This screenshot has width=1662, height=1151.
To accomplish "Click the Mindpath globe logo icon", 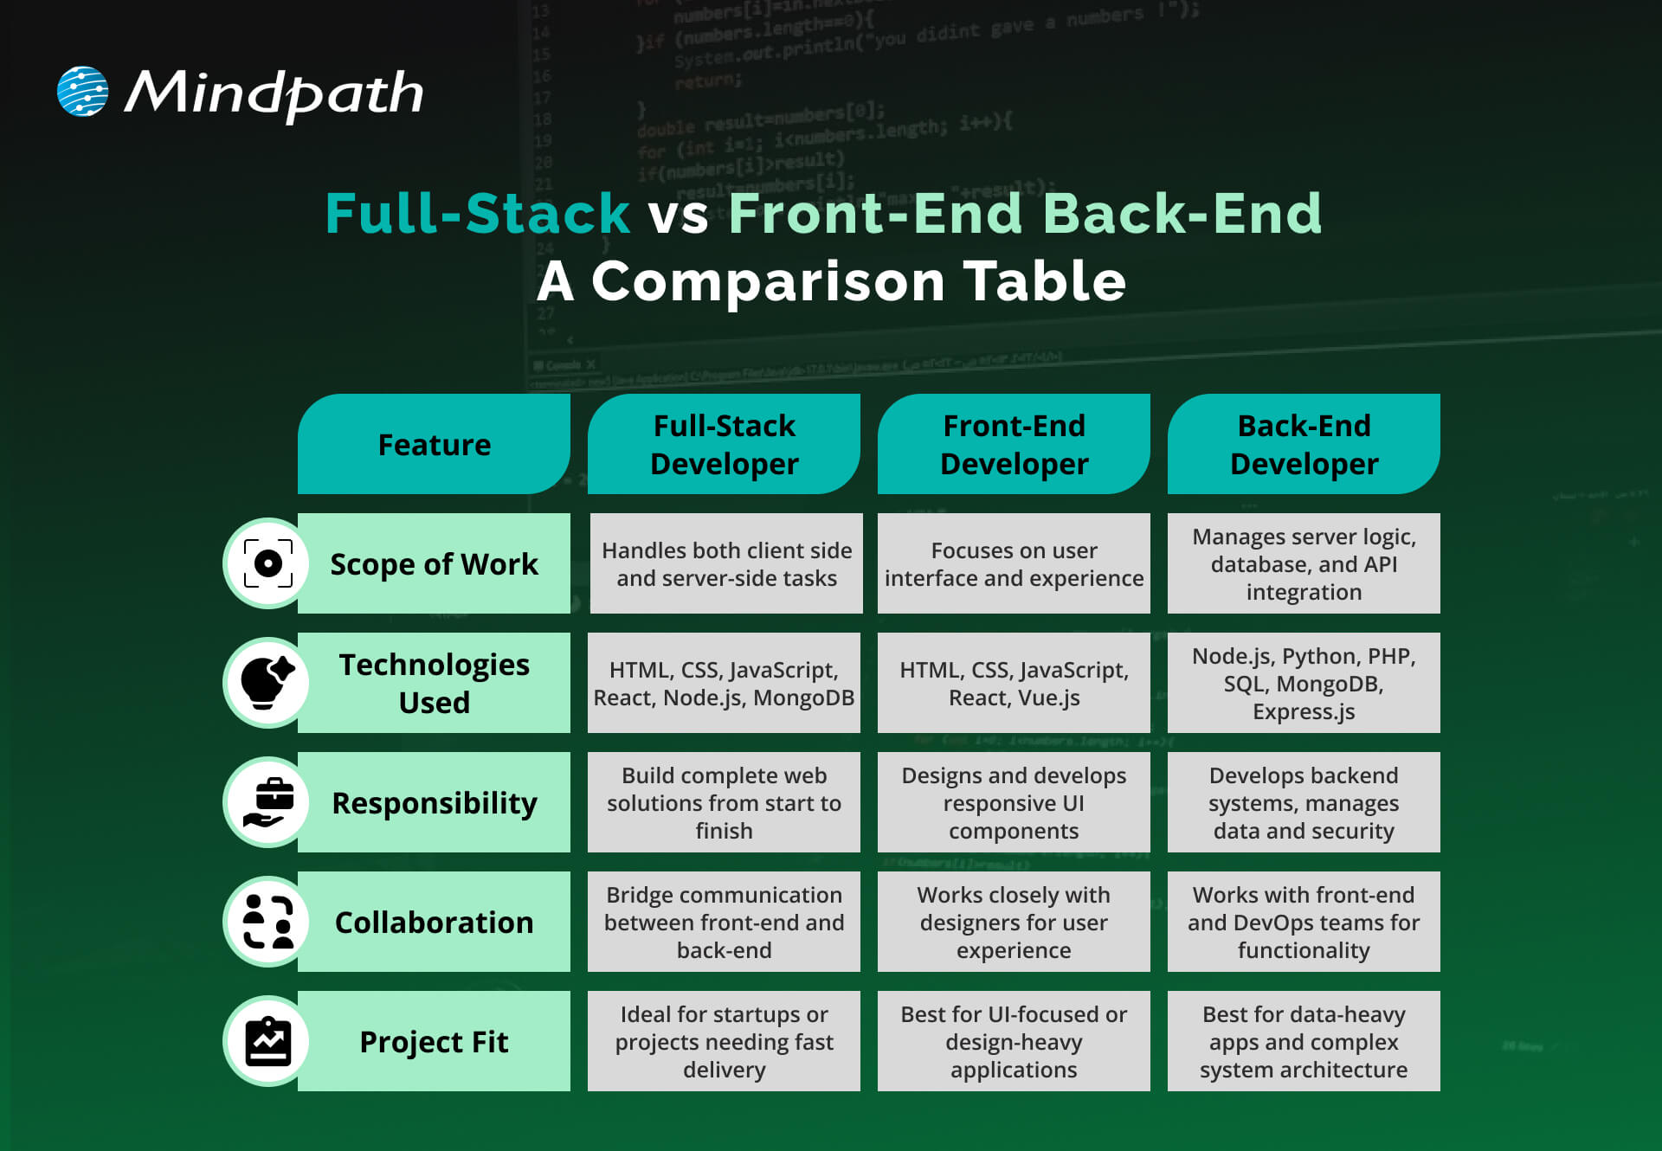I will [82, 91].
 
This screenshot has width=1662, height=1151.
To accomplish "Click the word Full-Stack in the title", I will [477, 214].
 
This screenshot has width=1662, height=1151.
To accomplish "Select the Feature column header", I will [434, 445].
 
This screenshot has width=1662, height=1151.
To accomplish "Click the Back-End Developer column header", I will [1303, 445].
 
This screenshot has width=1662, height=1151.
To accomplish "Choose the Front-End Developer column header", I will [1014, 445].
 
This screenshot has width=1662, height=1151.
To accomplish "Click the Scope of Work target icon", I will [268, 563].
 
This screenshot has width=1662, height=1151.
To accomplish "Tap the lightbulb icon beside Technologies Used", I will [267, 683].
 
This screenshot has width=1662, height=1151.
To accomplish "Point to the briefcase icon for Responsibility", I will [268, 802].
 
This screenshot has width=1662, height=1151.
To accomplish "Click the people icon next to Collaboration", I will [268, 922].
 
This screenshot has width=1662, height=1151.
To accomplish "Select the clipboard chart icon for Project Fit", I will [268, 1041].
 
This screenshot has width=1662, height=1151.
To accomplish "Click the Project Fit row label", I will [434, 1042].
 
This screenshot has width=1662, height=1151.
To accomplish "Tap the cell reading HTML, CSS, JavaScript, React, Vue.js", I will [1014, 684].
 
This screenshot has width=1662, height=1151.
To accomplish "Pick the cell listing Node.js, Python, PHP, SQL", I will [1303, 684].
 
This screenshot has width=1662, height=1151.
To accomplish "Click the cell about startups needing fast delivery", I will [724, 1042].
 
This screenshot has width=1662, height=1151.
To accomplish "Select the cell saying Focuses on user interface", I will [1014, 564].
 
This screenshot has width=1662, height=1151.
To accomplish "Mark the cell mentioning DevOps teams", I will [1303, 923].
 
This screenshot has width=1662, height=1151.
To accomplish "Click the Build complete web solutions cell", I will [724, 803].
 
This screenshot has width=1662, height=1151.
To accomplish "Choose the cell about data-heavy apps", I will [1303, 1042].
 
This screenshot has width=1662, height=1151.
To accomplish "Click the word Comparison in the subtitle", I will [767, 282].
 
